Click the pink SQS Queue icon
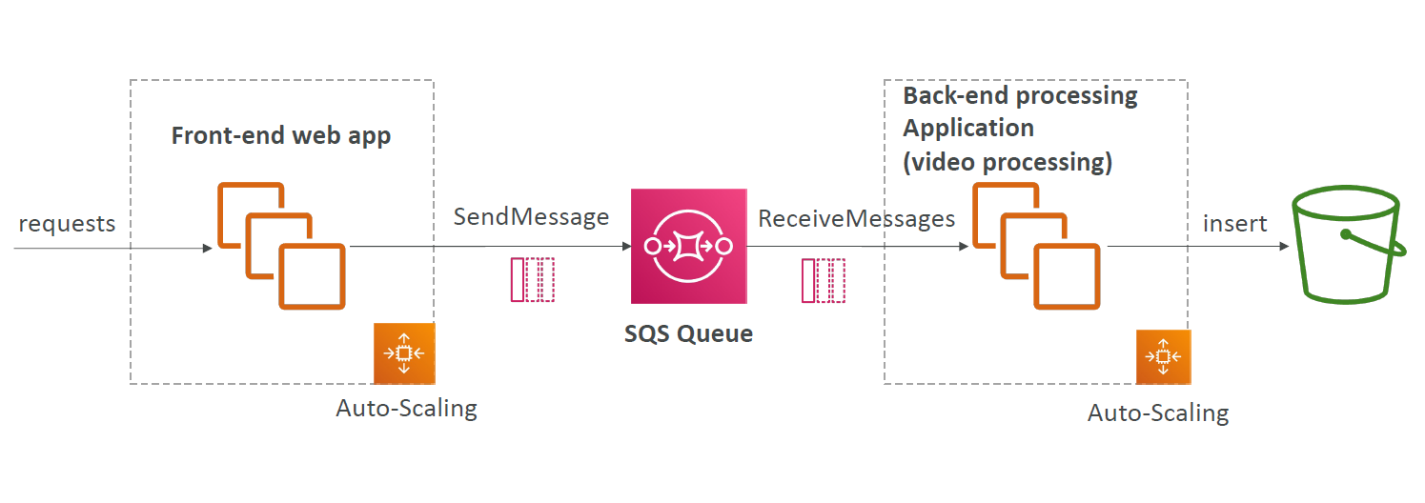(x=688, y=246)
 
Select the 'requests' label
(x=67, y=224)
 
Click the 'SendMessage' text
(x=531, y=217)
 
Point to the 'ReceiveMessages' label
(x=856, y=219)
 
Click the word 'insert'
(x=1234, y=224)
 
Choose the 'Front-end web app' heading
(x=281, y=136)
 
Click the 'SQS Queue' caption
(x=688, y=333)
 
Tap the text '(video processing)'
(x=1008, y=162)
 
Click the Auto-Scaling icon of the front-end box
(x=404, y=352)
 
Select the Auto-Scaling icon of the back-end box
(x=1163, y=356)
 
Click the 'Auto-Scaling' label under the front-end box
(x=406, y=409)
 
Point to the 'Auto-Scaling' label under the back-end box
(x=1158, y=413)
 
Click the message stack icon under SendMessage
(x=533, y=280)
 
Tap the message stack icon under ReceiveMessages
(x=824, y=280)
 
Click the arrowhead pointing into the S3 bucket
(x=1284, y=246)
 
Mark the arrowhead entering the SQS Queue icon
(x=626, y=246)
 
